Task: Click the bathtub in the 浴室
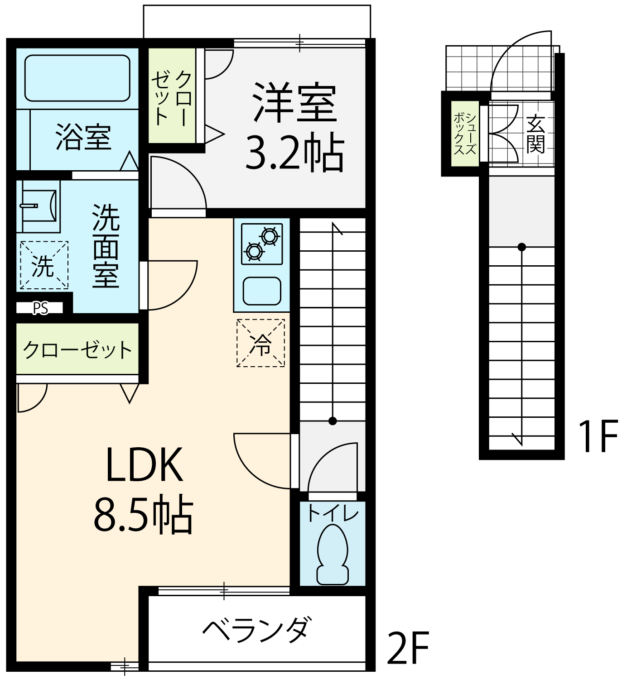(x=77, y=78)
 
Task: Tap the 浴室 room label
(x=83, y=137)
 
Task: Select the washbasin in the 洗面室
(x=39, y=206)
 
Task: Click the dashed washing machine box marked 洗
(x=44, y=265)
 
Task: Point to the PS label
(x=40, y=308)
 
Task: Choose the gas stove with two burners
(x=262, y=244)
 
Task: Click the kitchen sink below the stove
(x=262, y=291)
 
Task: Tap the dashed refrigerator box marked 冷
(x=260, y=343)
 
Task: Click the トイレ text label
(x=333, y=513)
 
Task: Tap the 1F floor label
(x=598, y=437)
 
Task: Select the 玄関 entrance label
(x=535, y=134)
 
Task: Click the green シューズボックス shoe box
(x=465, y=134)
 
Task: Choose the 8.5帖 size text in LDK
(x=144, y=516)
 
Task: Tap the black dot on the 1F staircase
(x=522, y=247)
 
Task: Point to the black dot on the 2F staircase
(x=333, y=421)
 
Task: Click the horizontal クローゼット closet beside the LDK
(x=77, y=349)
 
